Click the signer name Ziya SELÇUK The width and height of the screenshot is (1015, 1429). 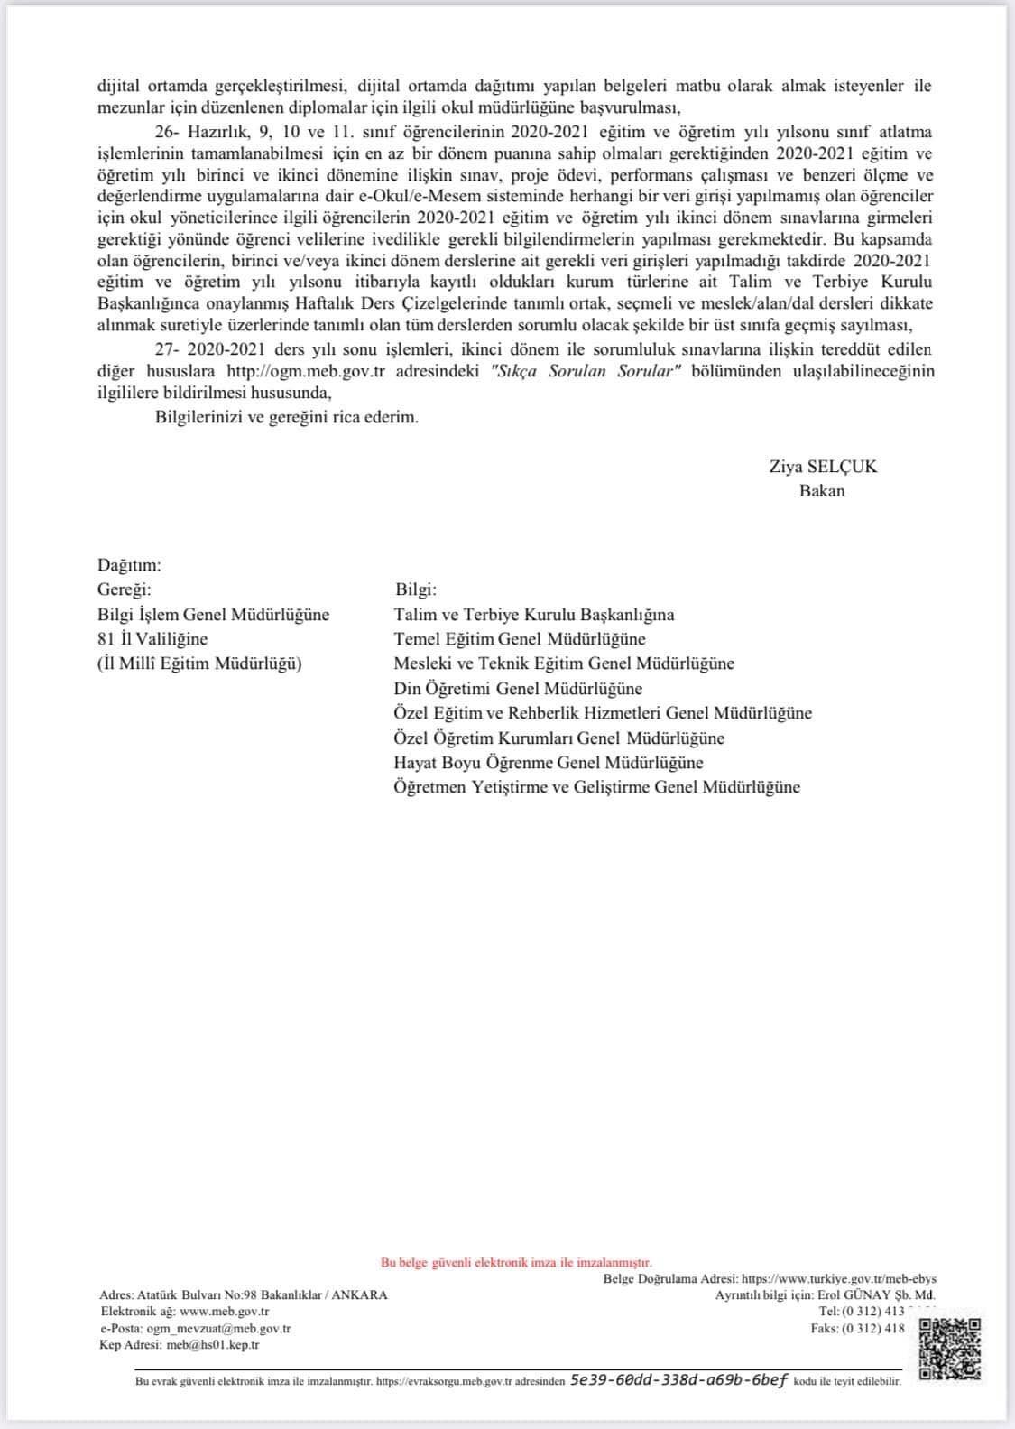[822, 467]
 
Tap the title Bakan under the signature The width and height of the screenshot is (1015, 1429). [822, 491]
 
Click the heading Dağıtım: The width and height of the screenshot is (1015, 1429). [129, 565]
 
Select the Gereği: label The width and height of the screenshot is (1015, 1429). [125, 589]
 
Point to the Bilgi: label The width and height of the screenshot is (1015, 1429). [416, 589]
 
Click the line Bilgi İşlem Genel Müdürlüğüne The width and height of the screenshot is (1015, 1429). [214, 615]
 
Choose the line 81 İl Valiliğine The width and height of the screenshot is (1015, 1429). [152, 639]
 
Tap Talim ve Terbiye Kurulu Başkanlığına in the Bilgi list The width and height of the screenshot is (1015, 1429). [534, 615]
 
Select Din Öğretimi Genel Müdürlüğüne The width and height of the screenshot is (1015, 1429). [518, 689]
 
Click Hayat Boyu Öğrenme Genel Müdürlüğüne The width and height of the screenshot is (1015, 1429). [549, 763]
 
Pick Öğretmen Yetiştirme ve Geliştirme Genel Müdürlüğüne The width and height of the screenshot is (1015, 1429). [596, 787]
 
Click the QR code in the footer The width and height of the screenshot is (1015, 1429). [949, 1347]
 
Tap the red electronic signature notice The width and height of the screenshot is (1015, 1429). [516, 1262]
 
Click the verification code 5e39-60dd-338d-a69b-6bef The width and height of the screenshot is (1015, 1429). [679, 1380]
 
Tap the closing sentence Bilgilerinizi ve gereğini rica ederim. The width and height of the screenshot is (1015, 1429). [287, 418]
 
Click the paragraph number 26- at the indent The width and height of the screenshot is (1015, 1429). [167, 132]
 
